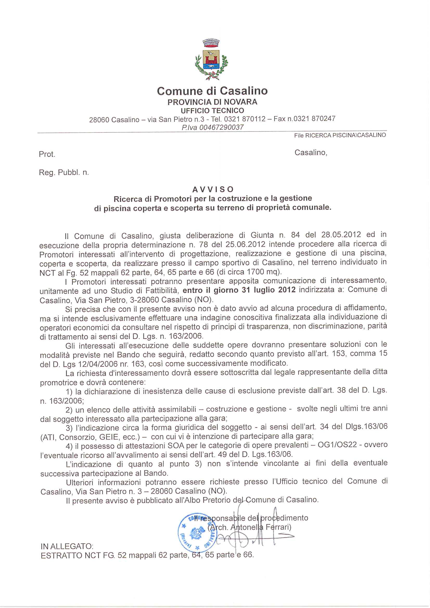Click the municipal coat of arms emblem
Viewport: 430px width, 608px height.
(x=211, y=60)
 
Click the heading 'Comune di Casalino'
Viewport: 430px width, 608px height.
(x=212, y=91)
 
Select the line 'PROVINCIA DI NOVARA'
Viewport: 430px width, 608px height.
(x=212, y=102)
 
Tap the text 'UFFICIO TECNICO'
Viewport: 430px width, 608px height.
(x=212, y=111)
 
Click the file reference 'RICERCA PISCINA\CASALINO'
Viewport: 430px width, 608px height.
(x=345, y=135)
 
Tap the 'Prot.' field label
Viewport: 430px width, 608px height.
(x=47, y=154)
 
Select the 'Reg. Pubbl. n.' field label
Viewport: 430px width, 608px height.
(x=64, y=173)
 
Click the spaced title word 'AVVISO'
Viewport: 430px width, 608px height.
(x=213, y=189)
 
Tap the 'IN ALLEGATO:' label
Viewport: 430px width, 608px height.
(x=67, y=546)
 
